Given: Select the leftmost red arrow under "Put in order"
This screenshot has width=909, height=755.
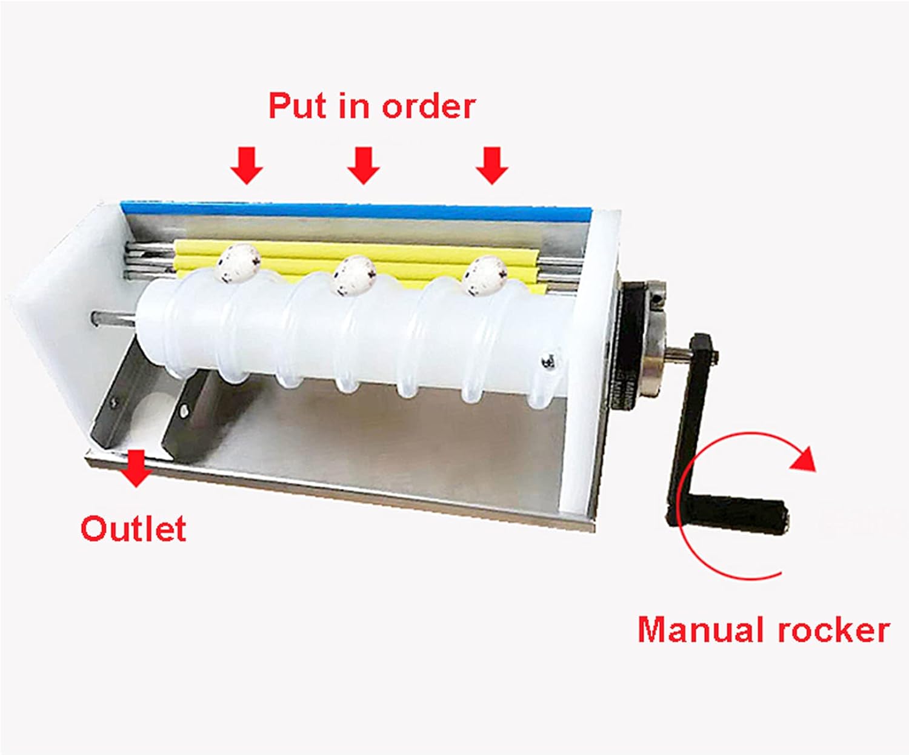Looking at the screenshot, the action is click(247, 165).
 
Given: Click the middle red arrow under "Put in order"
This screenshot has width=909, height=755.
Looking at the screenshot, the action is click(363, 165).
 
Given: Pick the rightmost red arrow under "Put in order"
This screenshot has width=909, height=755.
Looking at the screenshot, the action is click(491, 165).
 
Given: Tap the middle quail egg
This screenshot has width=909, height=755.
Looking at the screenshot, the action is click(355, 275).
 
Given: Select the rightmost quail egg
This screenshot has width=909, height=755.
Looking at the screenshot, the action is click(484, 276).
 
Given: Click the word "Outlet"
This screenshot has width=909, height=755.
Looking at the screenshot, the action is click(133, 529).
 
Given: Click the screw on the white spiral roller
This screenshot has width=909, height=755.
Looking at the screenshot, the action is click(549, 361).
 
